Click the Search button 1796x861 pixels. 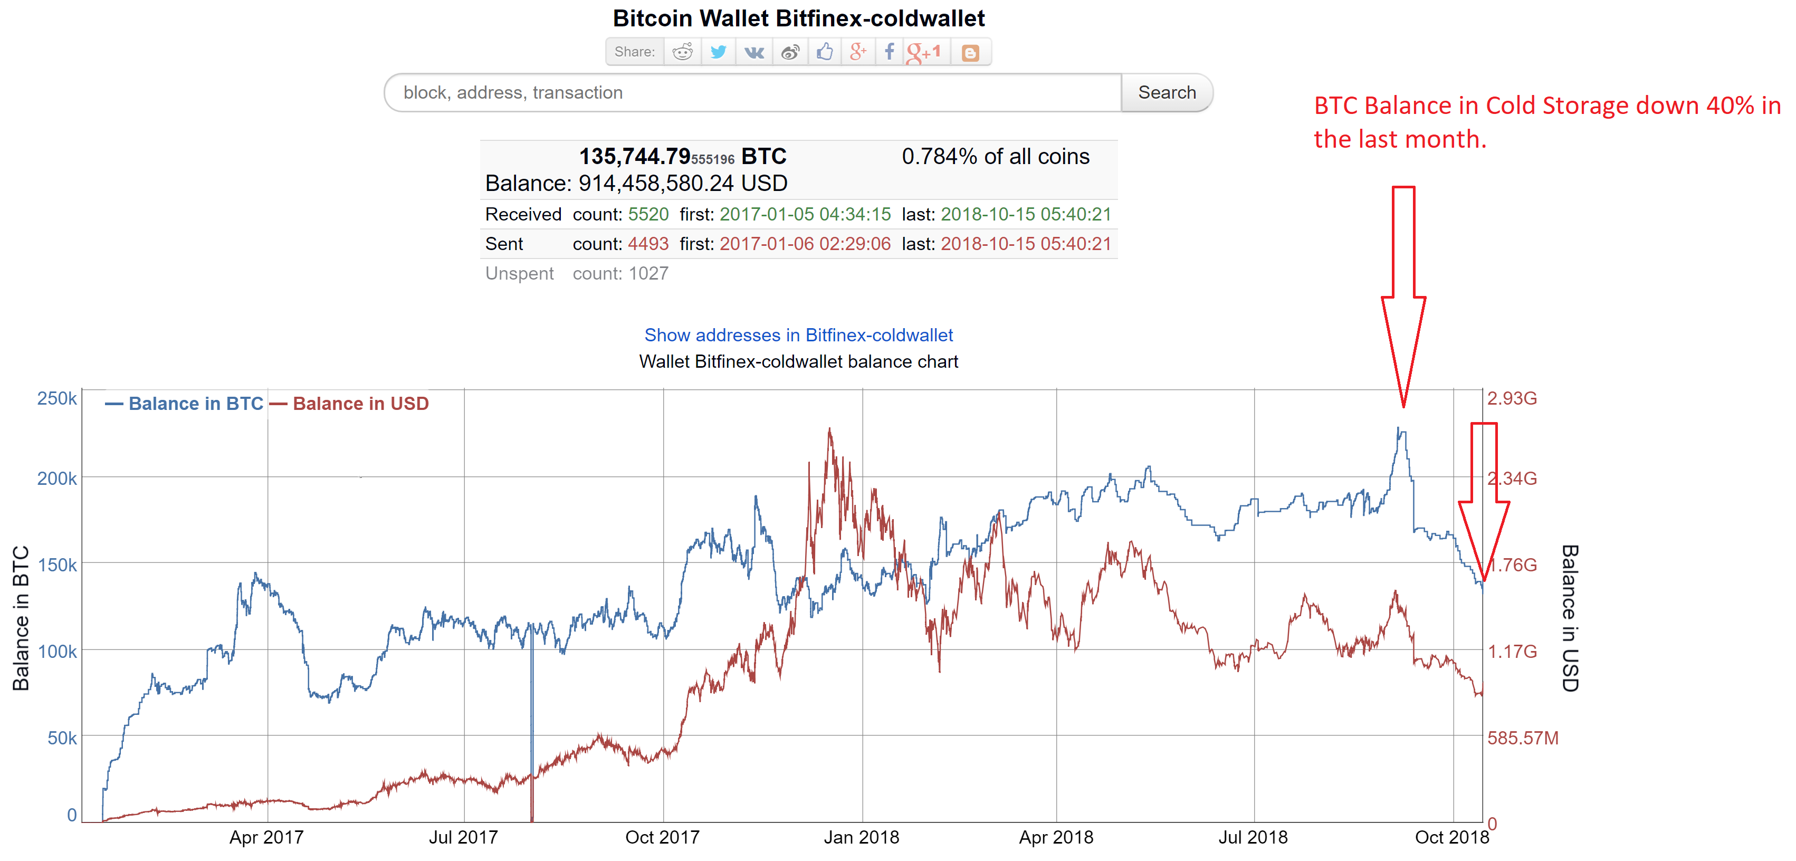(x=1167, y=93)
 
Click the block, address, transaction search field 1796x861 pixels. (x=753, y=93)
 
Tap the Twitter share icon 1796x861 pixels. (x=718, y=52)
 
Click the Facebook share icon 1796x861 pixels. (x=889, y=52)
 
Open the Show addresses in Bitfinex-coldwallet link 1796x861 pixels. (x=798, y=336)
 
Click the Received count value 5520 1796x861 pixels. (x=648, y=214)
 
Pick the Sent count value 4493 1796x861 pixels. (x=648, y=244)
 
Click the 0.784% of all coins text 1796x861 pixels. (x=995, y=157)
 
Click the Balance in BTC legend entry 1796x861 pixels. (x=185, y=404)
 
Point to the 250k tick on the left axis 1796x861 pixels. (x=56, y=398)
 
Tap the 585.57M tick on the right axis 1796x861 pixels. (x=1522, y=738)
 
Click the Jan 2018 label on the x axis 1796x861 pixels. (x=861, y=837)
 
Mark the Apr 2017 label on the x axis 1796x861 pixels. (x=266, y=837)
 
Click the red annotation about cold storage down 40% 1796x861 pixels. (x=1546, y=122)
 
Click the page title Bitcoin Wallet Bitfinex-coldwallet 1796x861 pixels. (x=798, y=18)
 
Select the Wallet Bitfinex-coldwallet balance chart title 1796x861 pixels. (x=798, y=362)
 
